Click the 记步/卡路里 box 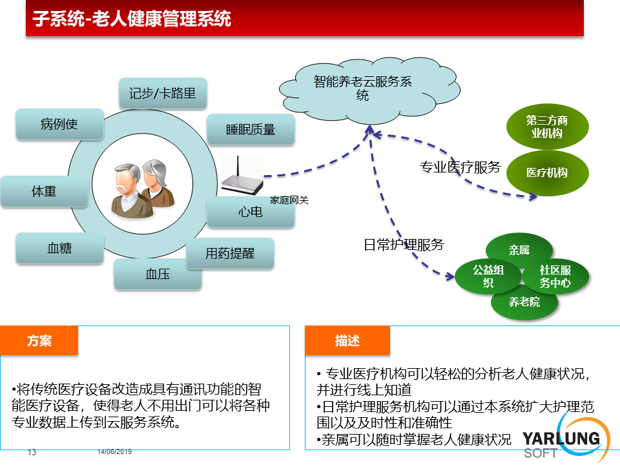163,93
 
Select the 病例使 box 59,124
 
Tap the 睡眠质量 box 251,130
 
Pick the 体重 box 45,192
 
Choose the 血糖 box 59,248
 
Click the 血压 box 158,274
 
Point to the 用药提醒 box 230,253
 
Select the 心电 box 251,212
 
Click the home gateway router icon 242,176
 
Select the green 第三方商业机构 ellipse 547,127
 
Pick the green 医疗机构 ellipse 547,173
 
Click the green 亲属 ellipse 519,250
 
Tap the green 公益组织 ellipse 488,276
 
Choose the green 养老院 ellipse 524,302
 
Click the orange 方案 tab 39,340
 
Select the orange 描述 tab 347,340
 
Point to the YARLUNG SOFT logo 566,440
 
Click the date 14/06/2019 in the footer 115,451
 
